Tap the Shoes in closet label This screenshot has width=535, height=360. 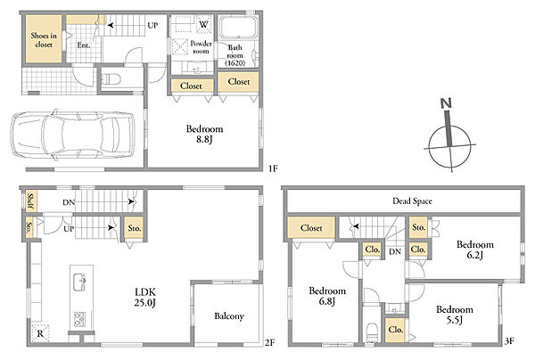(x=44, y=40)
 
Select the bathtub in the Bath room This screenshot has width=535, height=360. (x=238, y=28)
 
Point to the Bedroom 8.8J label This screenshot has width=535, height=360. (x=204, y=134)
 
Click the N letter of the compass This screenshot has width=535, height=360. (x=446, y=103)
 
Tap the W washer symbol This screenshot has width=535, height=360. (x=203, y=24)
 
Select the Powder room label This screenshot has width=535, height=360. (x=201, y=47)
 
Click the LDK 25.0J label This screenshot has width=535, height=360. (x=145, y=297)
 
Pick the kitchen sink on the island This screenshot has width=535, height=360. (x=79, y=282)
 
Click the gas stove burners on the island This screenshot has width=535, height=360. (x=80, y=319)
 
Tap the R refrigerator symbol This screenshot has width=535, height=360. (x=40, y=333)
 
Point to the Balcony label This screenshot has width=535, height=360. (x=229, y=316)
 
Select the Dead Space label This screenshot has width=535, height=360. (x=412, y=201)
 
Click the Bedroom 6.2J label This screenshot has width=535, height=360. (x=474, y=250)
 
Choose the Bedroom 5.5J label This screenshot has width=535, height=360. (x=455, y=315)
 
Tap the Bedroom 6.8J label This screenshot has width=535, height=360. (x=327, y=296)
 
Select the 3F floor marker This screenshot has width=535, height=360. (x=509, y=341)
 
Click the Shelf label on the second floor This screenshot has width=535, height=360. (x=30, y=201)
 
